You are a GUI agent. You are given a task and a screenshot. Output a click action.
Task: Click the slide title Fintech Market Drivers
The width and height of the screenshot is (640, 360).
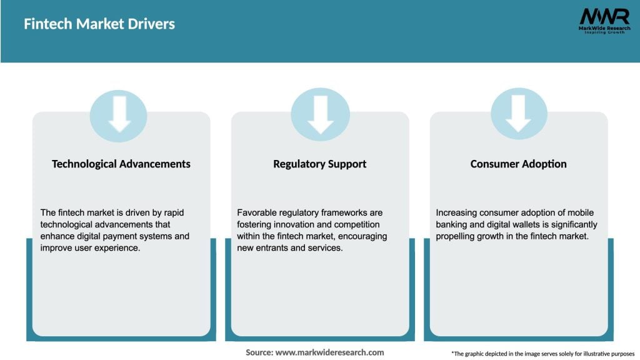(99, 24)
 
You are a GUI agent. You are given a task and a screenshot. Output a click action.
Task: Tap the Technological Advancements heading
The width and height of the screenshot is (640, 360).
(121, 164)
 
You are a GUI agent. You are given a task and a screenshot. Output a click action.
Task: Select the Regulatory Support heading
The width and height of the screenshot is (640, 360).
(319, 164)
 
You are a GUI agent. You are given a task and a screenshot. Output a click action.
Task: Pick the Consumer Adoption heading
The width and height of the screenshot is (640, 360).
(518, 164)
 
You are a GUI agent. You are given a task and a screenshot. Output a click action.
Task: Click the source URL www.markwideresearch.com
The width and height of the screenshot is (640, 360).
(329, 352)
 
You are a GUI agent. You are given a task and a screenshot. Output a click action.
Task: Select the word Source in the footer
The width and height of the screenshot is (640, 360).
(259, 352)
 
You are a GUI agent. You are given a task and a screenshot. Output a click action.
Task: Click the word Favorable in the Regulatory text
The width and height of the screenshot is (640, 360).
(257, 213)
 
